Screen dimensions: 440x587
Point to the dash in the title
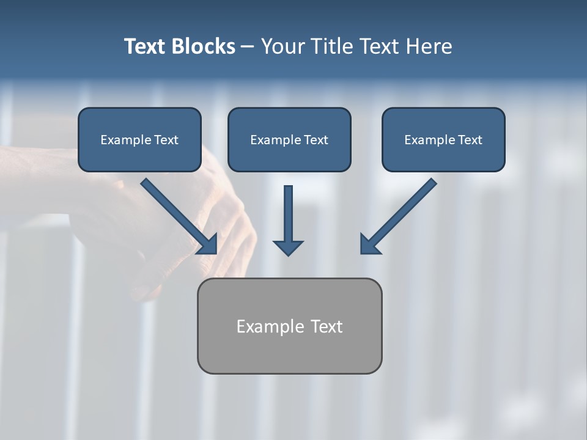coord(248,46)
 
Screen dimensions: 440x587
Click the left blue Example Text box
coord(139,140)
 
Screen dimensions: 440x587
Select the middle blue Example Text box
coord(289,140)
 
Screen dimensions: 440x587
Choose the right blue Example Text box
coord(443,140)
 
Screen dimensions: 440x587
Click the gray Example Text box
coord(289,326)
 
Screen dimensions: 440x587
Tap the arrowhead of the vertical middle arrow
coord(288,248)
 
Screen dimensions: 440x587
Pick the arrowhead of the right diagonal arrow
coord(368,245)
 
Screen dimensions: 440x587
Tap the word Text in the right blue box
coord(470,140)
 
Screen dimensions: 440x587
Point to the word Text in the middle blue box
coord(316,140)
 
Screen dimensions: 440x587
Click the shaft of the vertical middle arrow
coord(288,211)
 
